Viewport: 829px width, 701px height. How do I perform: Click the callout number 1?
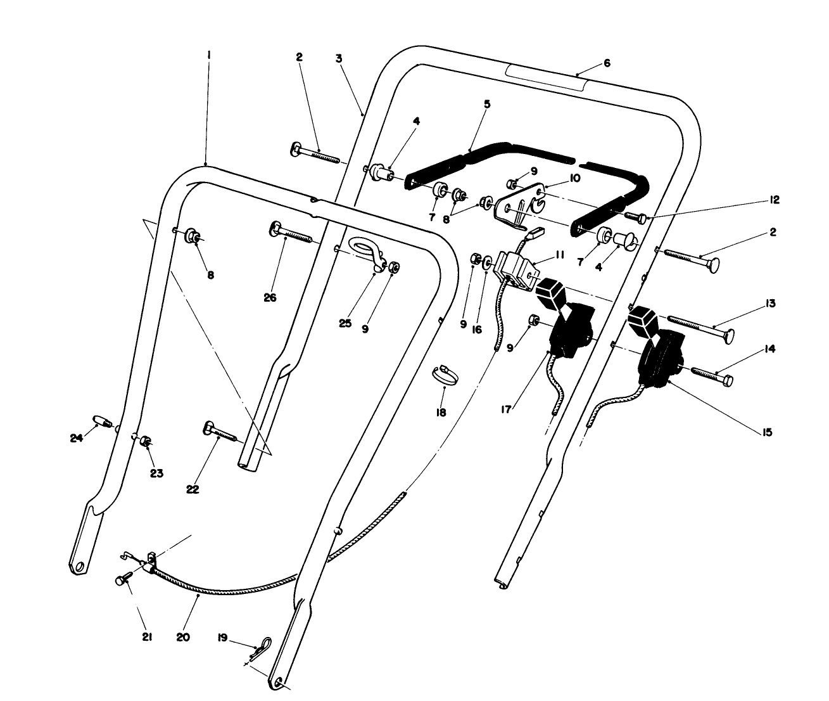click(x=208, y=56)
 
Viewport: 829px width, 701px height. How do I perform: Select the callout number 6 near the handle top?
click(x=607, y=63)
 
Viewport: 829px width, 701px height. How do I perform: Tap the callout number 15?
click(x=767, y=432)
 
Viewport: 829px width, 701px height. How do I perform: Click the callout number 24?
click(x=77, y=437)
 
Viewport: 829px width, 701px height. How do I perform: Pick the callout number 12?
click(x=774, y=200)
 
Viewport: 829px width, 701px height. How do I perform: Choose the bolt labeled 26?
click(x=291, y=235)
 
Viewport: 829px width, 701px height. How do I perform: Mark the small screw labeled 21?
click(x=123, y=579)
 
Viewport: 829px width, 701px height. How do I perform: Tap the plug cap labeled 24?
click(x=102, y=421)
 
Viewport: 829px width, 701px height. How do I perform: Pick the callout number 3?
click(x=339, y=58)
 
